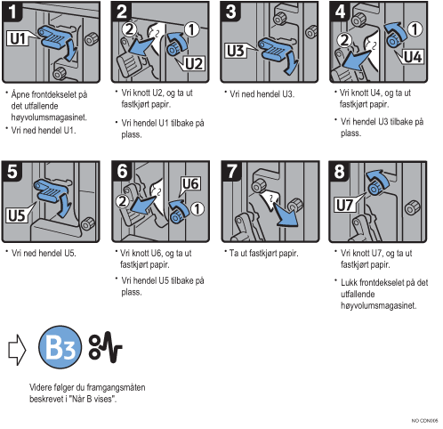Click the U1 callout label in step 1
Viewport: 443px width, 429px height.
[x=18, y=38]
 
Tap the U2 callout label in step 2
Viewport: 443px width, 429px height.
[x=194, y=64]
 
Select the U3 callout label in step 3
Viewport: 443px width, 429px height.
[x=236, y=51]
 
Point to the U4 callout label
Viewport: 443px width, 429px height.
[x=413, y=56]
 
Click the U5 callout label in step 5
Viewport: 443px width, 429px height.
[x=17, y=215]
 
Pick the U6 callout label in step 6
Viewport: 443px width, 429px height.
[x=190, y=184]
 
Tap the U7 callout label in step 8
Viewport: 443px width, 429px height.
[x=344, y=205]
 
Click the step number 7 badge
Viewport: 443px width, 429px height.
[x=231, y=171]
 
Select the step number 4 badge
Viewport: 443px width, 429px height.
[x=340, y=12]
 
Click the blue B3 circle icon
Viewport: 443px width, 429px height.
[x=60, y=347]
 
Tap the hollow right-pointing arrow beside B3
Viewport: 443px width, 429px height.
[x=17, y=350]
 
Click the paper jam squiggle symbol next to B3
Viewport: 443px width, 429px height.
[x=106, y=347]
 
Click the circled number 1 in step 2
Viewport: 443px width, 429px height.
[x=192, y=29]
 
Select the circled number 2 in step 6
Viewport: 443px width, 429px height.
[x=123, y=202]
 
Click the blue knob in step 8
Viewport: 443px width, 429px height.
[x=375, y=189]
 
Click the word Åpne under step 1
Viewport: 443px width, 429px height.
[x=20, y=94]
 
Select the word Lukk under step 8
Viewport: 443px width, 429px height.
[x=349, y=282]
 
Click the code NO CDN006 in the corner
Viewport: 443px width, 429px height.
[x=424, y=421]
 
